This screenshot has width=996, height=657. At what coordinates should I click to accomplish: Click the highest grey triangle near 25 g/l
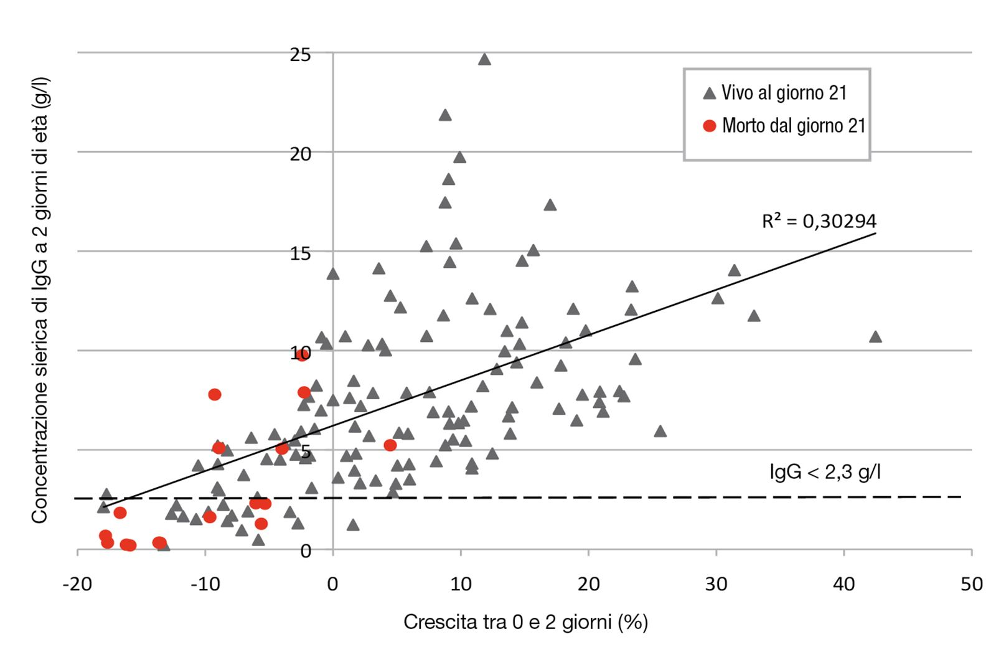tap(484, 60)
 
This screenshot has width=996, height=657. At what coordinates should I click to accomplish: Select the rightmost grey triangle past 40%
tap(875, 337)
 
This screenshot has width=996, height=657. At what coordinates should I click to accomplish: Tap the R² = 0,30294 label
tap(819, 221)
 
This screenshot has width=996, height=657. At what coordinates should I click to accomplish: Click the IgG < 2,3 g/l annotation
tap(825, 472)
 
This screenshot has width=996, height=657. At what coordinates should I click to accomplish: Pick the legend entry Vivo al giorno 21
tap(784, 93)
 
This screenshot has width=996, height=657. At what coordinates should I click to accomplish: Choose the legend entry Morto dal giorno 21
tap(794, 126)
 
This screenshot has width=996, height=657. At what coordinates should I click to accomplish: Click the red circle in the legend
tap(709, 126)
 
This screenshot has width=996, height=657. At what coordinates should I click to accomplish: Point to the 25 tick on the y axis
tap(300, 55)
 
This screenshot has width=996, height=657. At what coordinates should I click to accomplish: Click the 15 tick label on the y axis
tap(300, 253)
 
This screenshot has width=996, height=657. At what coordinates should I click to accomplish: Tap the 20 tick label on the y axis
tap(300, 154)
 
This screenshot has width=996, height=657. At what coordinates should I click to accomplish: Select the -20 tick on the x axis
tap(77, 584)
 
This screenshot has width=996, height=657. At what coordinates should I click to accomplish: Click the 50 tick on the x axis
tap(972, 584)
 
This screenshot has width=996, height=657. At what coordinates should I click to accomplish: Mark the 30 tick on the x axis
tap(716, 584)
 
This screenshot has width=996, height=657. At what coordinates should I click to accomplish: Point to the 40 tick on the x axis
tap(844, 584)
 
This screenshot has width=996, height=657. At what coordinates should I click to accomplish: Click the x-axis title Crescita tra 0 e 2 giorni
tap(525, 622)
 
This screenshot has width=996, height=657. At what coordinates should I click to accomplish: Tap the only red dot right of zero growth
tap(390, 445)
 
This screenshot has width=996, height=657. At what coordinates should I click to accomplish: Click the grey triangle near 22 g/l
tap(444, 115)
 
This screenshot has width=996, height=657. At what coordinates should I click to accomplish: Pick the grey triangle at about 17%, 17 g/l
tap(550, 206)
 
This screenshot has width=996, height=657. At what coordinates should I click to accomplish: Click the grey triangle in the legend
tap(709, 93)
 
